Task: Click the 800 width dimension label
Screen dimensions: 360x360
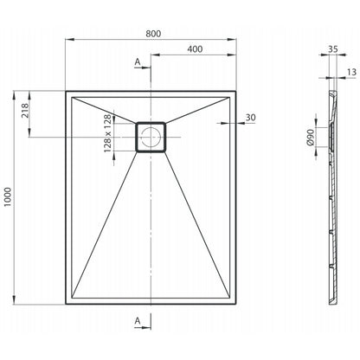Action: click(x=153, y=34)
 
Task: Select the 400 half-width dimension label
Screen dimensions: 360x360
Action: click(x=195, y=49)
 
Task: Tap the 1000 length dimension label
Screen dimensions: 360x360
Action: click(x=8, y=197)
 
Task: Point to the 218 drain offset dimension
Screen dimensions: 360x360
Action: click(x=25, y=111)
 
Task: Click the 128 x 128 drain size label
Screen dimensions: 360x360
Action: click(x=107, y=133)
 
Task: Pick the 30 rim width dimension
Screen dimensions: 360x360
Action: click(x=250, y=118)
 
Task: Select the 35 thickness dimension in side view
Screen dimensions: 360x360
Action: click(x=332, y=49)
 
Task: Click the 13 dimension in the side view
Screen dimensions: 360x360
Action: click(x=351, y=72)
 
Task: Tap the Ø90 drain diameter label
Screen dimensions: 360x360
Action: click(x=311, y=137)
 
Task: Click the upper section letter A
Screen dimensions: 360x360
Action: click(x=138, y=61)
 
